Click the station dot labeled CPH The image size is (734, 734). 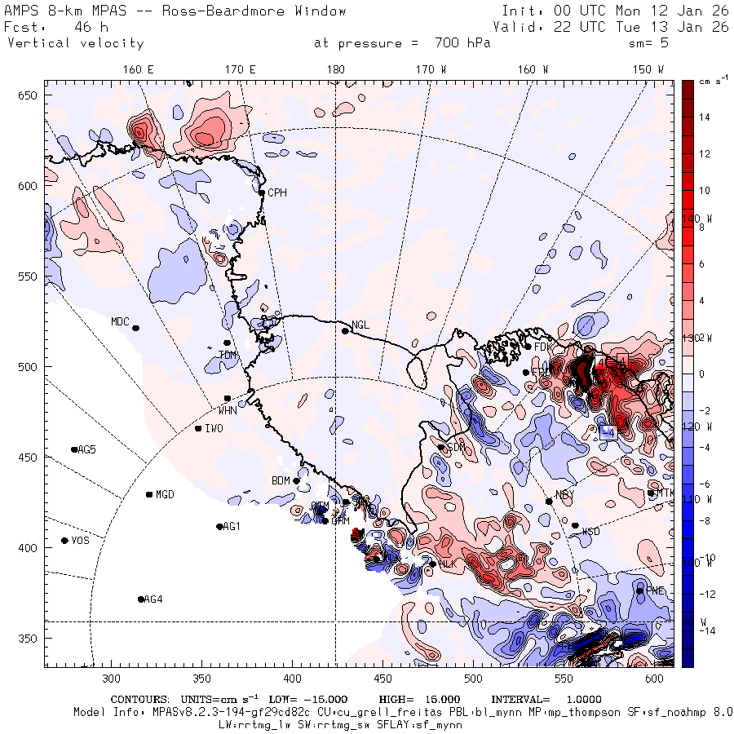(261, 192)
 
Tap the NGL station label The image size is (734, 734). (360, 325)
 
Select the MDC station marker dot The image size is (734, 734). (135, 328)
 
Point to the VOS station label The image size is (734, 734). (80, 541)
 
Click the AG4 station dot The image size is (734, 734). (141, 599)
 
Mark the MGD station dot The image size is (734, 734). (149, 494)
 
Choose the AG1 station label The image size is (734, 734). (232, 526)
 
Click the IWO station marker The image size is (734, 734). (198, 428)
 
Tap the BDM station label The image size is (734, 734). (281, 480)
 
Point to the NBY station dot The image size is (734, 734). (549, 501)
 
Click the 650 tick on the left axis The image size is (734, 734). (30, 96)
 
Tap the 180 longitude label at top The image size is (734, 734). (335, 69)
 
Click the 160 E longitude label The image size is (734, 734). (139, 69)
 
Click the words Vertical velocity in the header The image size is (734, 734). (76, 43)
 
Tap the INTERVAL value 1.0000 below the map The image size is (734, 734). (579, 700)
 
